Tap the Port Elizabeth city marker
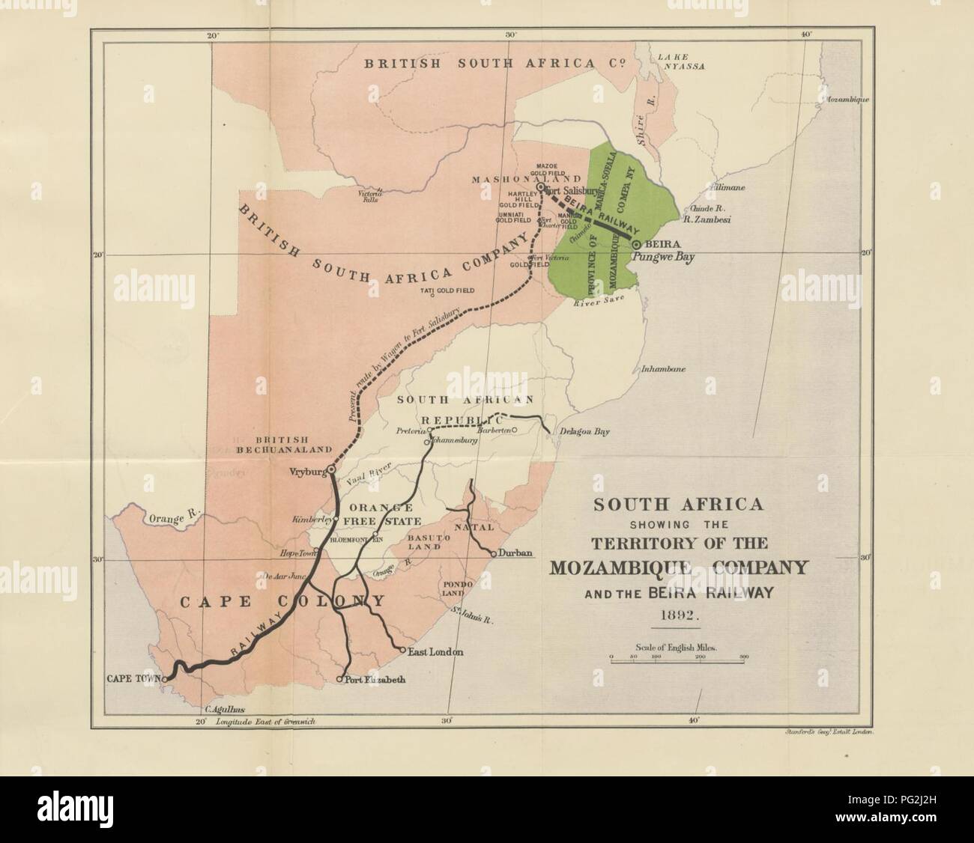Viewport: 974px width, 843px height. point(340,680)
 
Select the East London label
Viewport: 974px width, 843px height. point(436,652)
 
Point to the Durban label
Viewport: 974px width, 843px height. point(517,554)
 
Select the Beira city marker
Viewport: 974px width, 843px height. point(636,245)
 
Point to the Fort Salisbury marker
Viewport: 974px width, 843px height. point(540,187)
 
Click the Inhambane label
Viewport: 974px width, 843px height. point(664,369)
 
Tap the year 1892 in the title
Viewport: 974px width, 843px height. point(678,618)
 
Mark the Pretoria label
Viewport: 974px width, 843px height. point(411,432)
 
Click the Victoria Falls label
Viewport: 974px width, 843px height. point(373,196)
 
